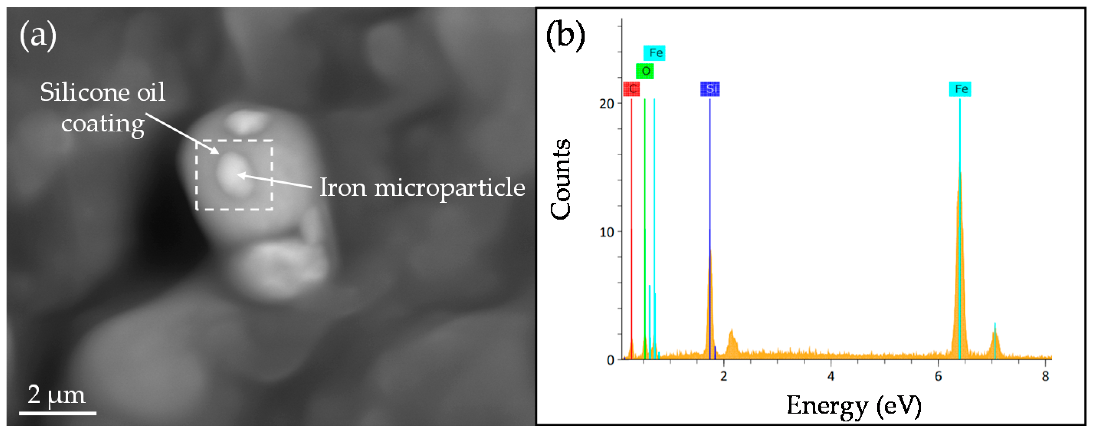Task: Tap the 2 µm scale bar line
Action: click(x=57, y=412)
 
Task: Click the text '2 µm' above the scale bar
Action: click(x=56, y=395)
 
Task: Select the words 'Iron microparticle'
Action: click(x=422, y=187)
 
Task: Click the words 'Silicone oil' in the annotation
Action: click(x=102, y=92)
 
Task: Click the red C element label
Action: click(x=632, y=89)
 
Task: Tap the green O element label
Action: click(x=645, y=71)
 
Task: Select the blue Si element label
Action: click(x=710, y=89)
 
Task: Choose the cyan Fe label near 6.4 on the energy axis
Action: click(x=960, y=89)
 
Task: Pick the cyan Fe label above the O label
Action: click(x=654, y=53)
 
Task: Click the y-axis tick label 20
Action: click(x=607, y=103)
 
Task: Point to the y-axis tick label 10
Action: click(x=607, y=232)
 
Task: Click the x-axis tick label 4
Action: click(x=831, y=376)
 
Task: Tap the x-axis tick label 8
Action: click(x=1045, y=376)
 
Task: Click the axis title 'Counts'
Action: click(x=560, y=179)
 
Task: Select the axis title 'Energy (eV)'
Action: click(x=854, y=406)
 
